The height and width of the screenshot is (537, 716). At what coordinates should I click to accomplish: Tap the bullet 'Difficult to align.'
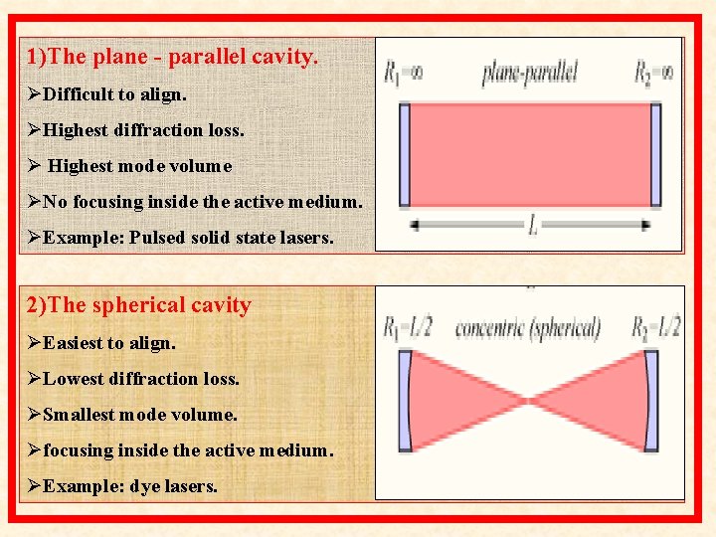pyautogui.click(x=110, y=93)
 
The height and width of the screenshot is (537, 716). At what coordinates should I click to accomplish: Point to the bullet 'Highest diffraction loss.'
pyautogui.click(x=136, y=129)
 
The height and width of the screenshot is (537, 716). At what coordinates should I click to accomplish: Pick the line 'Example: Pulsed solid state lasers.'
pyautogui.click(x=181, y=238)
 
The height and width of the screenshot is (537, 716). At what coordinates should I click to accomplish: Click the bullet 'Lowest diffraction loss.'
pyautogui.click(x=133, y=378)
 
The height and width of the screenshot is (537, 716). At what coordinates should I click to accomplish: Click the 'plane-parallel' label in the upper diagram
pyautogui.click(x=529, y=73)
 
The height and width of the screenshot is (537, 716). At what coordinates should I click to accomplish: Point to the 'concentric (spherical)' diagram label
pyautogui.click(x=528, y=327)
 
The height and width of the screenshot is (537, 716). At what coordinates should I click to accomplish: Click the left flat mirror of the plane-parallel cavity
pyautogui.click(x=404, y=154)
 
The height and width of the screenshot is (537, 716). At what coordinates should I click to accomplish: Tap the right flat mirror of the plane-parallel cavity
pyautogui.click(x=655, y=154)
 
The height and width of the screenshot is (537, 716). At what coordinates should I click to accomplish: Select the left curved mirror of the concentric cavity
pyautogui.click(x=405, y=401)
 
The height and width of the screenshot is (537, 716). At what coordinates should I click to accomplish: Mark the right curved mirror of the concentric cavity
pyautogui.click(x=651, y=401)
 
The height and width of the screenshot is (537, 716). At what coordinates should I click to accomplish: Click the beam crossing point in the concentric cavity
pyautogui.click(x=529, y=401)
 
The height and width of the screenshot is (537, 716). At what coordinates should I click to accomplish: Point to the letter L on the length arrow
pyautogui.click(x=533, y=227)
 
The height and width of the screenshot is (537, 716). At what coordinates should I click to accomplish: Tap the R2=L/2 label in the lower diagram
pyautogui.click(x=656, y=326)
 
